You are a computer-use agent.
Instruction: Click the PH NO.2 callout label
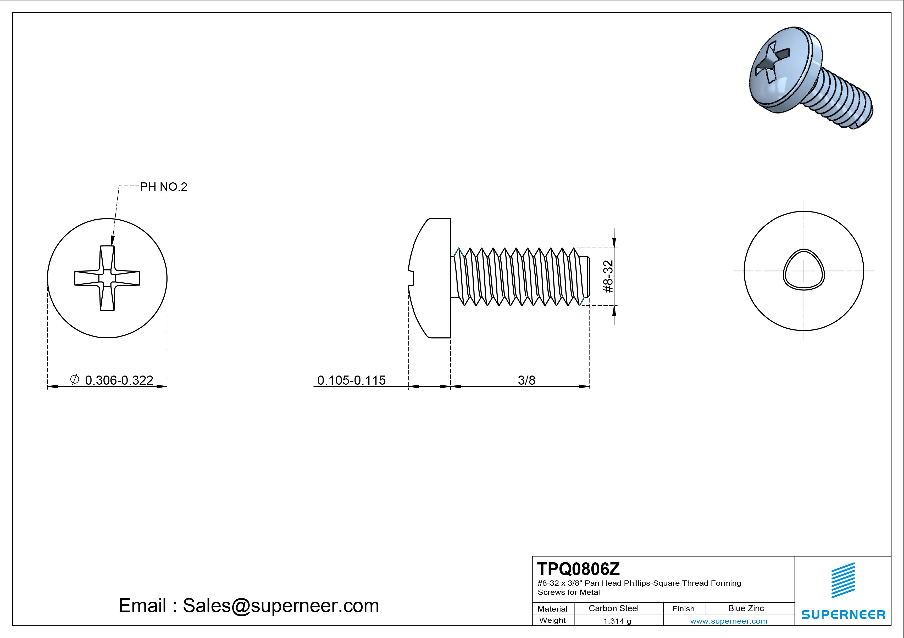pos(163,187)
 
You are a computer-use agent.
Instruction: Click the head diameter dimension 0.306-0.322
pos(119,380)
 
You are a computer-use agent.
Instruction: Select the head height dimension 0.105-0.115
pos(351,380)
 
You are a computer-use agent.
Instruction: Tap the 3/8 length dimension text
pos(526,380)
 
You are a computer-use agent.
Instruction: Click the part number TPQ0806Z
pos(578,569)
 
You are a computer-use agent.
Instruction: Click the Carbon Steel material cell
pos(613,608)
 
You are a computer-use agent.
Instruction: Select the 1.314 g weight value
pos(617,621)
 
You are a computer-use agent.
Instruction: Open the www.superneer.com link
pos(728,621)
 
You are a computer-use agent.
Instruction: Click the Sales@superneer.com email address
pos(281,605)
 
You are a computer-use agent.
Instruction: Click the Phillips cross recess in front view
pos(107,278)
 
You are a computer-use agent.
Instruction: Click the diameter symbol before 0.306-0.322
pos(74,379)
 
